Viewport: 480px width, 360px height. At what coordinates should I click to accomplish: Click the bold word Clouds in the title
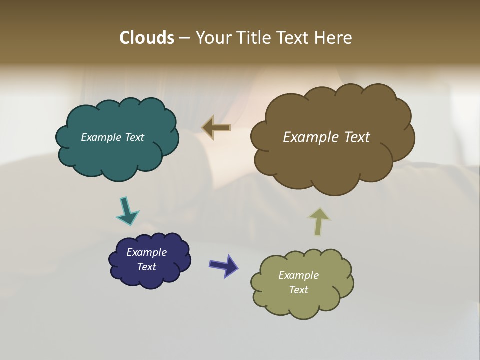pos(146,38)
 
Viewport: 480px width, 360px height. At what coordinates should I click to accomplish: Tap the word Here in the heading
pos(334,38)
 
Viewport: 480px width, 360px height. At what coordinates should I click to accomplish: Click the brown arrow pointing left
pos(216,128)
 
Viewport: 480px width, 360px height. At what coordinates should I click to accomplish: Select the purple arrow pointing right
pos(224,265)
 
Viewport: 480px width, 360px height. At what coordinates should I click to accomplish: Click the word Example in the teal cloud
pos(99,137)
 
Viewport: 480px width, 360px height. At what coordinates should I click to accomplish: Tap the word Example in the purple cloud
pos(146,252)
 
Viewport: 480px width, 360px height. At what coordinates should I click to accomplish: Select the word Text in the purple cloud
pos(146,267)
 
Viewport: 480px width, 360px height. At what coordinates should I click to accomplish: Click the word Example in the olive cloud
pos(298,275)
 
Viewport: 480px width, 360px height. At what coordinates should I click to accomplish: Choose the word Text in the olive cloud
pos(298,290)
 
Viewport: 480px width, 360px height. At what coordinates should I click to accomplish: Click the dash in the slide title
pos(184,38)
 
